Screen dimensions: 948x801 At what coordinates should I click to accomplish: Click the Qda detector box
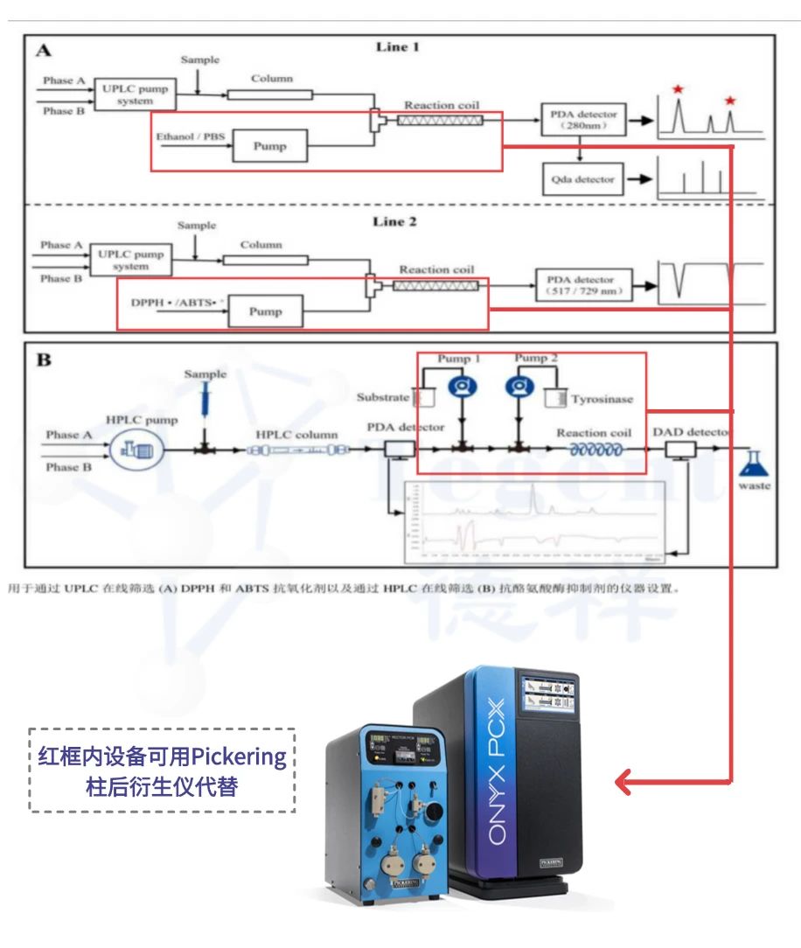583,179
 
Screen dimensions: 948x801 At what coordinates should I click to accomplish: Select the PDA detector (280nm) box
583,120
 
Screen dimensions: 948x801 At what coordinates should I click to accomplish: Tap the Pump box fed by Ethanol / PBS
269,146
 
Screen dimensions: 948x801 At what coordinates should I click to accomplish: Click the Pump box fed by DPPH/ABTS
266,310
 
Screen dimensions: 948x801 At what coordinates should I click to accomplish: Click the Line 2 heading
394,221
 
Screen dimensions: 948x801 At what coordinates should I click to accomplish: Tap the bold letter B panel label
44,359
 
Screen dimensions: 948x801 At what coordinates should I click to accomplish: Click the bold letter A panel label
43,51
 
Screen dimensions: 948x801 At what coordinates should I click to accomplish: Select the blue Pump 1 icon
461,389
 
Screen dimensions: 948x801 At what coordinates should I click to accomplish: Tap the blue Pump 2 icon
519,389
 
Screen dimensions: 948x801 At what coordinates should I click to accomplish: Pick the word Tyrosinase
602,400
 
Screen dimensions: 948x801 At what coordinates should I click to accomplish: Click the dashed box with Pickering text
162,770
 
